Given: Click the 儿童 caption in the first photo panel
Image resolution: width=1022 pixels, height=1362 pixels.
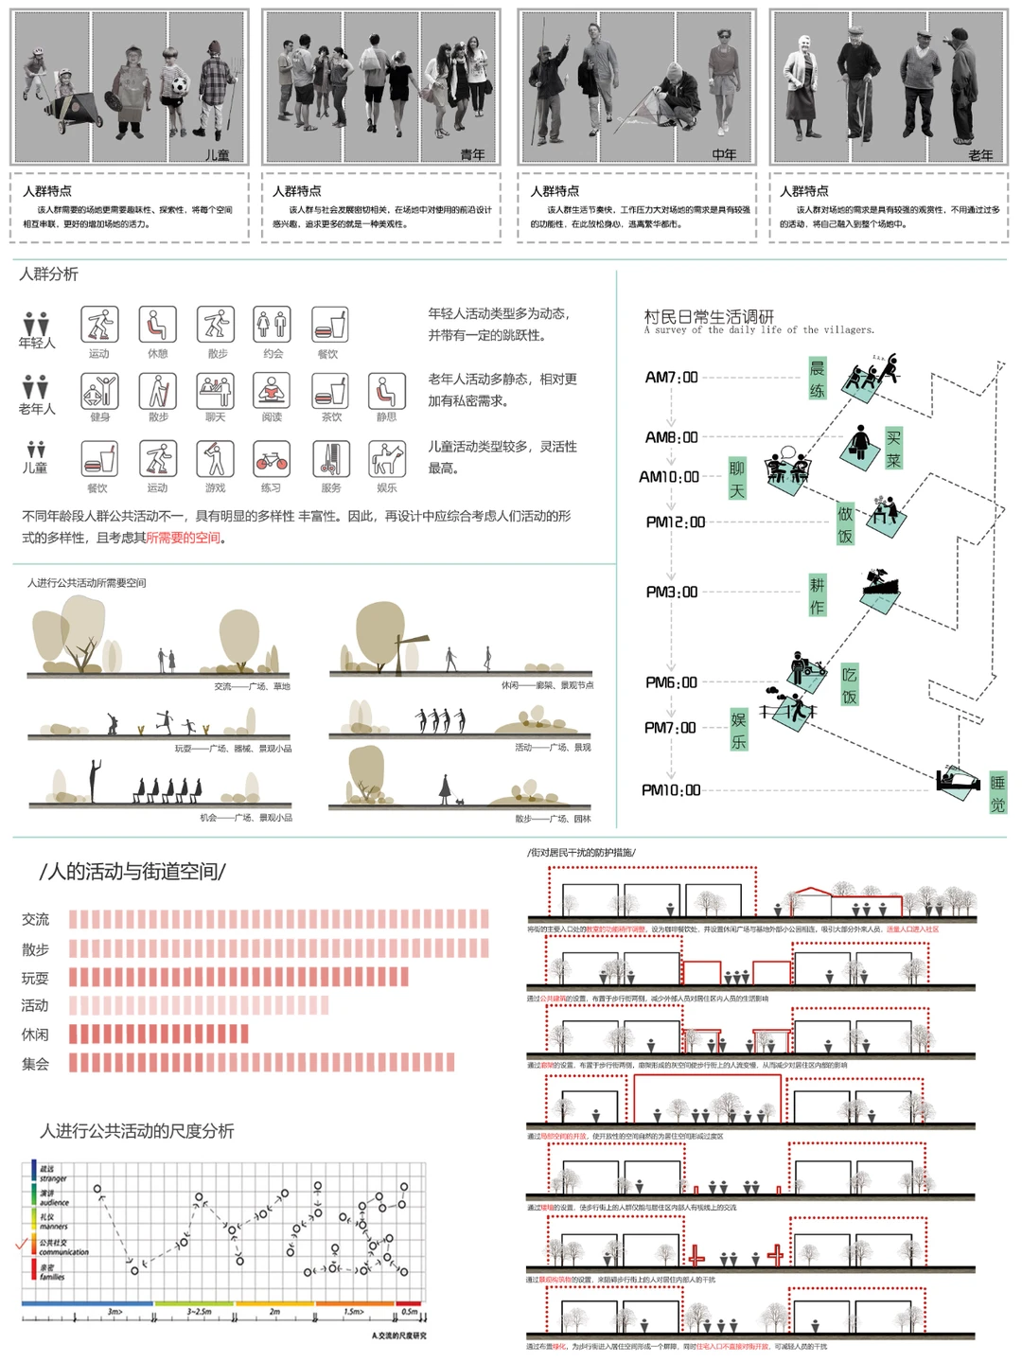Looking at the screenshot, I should click(x=217, y=154).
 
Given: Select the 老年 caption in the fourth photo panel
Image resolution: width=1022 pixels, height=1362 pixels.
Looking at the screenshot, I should click(x=980, y=154).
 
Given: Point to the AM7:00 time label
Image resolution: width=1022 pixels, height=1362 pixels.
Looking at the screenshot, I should click(x=671, y=377).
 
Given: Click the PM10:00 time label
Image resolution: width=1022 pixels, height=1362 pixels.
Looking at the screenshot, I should click(x=671, y=789).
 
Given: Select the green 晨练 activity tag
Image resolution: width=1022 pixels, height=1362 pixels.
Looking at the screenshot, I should click(x=817, y=379).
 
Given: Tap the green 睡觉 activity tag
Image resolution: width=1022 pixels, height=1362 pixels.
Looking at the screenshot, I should click(x=996, y=793).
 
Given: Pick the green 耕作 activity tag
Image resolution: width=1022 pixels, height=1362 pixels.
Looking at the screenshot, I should click(x=817, y=595).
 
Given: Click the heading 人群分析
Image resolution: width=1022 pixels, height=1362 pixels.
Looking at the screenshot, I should click(x=49, y=274).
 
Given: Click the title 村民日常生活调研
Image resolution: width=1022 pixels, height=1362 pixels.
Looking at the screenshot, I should click(x=709, y=316).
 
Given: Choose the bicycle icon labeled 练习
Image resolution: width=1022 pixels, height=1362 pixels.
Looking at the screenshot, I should click(x=272, y=461).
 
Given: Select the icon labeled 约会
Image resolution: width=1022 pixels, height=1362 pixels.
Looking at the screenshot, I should click(x=272, y=325).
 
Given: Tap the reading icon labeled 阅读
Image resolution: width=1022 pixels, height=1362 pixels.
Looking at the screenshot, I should click(x=272, y=391).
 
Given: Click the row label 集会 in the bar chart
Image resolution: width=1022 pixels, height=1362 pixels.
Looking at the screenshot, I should click(x=35, y=1064).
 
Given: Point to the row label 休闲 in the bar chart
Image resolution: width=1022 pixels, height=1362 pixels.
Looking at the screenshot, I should click(x=35, y=1035).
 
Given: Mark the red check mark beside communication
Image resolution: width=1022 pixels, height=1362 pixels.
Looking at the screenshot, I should click(x=23, y=1243).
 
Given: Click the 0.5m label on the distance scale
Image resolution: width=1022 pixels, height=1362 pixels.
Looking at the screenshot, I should click(x=409, y=1312).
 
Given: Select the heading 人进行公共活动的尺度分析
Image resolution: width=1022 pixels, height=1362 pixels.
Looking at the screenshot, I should click(x=136, y=1130).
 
